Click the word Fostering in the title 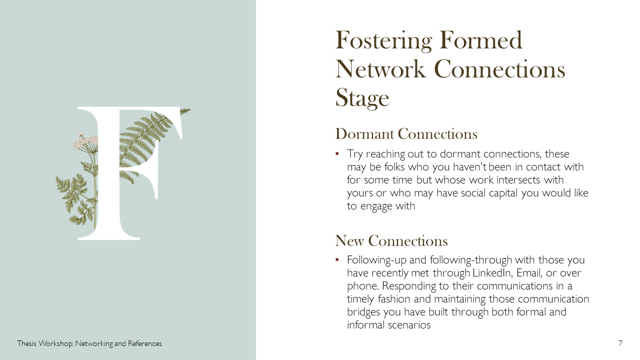(x=383, y=41)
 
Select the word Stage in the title (x=362, y=98)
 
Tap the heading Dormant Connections (x=406, y=133)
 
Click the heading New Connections (x=391, y=240)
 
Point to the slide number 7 (x=620, y=343)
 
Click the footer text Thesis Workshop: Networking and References (x=89, y=343)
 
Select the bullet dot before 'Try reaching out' (x=337, y=154)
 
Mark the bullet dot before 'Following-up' (x=337, y=260)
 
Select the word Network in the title (x=380, y=69)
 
